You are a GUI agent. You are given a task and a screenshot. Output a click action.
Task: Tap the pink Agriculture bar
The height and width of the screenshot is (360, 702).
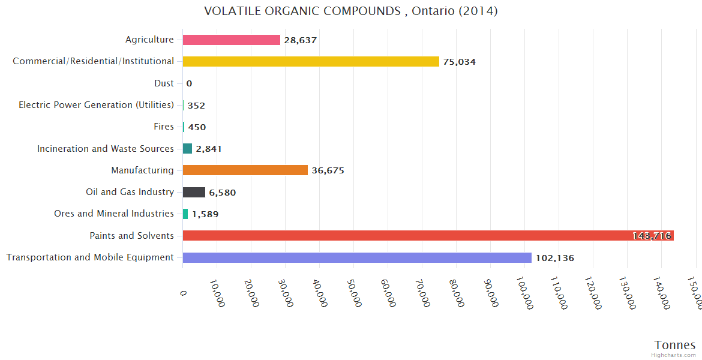click(x=232, y=40)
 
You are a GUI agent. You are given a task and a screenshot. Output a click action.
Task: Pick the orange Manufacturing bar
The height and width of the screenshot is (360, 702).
click(x=245, y=170)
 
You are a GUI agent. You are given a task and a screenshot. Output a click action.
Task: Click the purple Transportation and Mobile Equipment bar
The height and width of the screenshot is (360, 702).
click(x=357, y=257)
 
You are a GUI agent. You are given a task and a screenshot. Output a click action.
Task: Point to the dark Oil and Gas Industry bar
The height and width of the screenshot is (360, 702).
click(x=194, y=192)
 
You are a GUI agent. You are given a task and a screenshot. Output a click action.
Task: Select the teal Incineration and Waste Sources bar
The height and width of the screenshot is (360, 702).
click(x=188, y=149)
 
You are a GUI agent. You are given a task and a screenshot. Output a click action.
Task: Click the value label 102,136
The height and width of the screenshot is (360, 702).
click(x=555, y=259)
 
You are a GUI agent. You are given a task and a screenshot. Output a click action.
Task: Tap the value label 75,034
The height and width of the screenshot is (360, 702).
click(x=459, y=62)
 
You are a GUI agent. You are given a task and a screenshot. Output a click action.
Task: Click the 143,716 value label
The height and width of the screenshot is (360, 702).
click(x=652, y=236)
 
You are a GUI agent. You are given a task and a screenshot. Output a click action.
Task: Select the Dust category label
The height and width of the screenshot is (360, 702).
click(x=164, y=83)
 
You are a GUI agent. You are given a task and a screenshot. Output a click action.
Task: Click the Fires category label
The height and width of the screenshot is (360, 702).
click(x=164, y=127)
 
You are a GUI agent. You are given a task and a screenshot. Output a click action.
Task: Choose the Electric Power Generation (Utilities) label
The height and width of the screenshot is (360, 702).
click(x=96, y=105)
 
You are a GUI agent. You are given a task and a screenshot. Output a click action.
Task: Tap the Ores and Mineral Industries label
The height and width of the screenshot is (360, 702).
click(x=114, y=214)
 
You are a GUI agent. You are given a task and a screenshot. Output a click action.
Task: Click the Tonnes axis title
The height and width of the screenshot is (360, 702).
click(x=675, y=345)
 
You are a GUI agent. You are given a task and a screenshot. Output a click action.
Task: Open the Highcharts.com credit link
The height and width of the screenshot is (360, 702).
click(x=674, y=355)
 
